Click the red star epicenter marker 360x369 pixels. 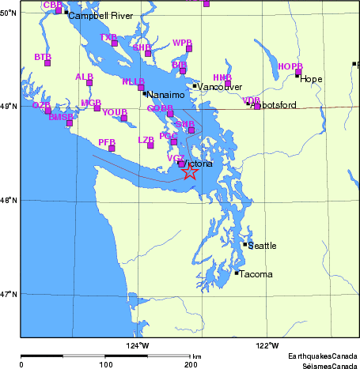tap(190, 171)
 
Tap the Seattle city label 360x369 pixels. tap(262, 247)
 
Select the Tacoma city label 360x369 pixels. tap(256, 275)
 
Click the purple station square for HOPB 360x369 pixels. tap(298, 72)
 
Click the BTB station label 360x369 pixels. tap(43, 57)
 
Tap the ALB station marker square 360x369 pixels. tap(89, 83)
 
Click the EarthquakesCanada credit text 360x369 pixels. tap(322, 356)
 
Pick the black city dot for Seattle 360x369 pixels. tap(245, 244)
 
